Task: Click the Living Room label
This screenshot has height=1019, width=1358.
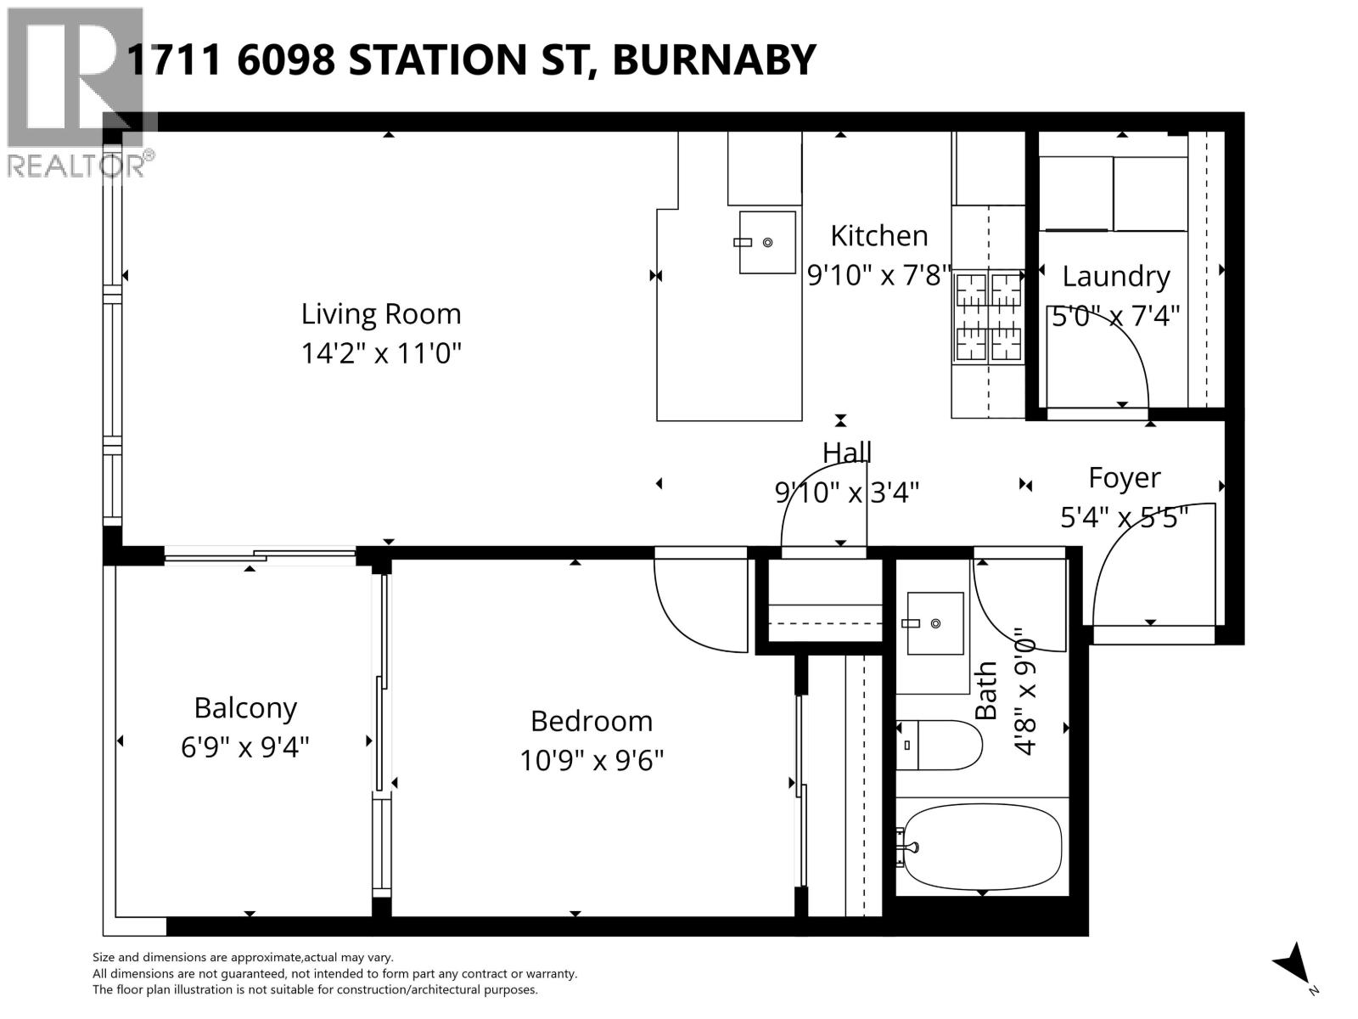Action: coord(381,314)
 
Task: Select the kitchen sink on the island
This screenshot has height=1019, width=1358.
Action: coord(767,243)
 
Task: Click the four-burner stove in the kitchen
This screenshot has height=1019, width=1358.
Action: coord(990,316)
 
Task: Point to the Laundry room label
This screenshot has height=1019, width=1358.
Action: coord(1115,276)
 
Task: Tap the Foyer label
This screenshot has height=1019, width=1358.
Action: coord(1124,477)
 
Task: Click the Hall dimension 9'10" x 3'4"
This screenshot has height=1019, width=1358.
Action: coord(846,492)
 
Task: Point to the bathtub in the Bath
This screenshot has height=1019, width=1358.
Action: coord(983,846)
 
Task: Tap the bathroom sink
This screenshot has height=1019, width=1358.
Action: coord(935,623)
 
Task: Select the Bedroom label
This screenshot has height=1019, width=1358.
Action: coord(592,721)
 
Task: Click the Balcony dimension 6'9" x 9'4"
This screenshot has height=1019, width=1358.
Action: coord(244,747)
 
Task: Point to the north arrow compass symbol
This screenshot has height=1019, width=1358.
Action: coord(1293,965)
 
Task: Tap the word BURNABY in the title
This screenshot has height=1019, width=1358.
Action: coord(713,59)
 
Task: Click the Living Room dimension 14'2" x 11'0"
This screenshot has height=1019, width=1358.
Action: coord(381,353)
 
